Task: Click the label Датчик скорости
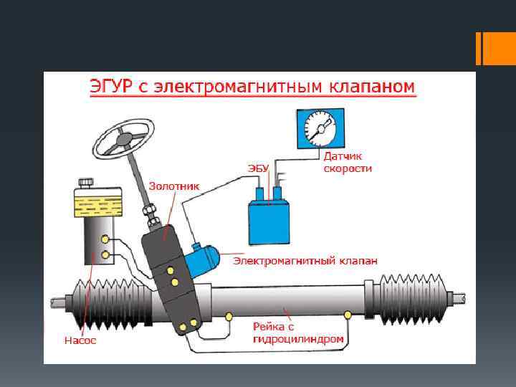348,161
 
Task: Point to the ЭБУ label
258,168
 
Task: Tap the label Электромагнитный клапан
305,261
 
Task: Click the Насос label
80,340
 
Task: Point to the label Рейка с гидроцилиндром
297,333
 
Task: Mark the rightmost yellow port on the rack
348,315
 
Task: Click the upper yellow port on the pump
105,239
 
